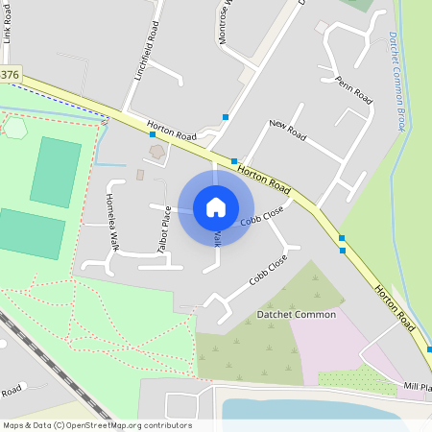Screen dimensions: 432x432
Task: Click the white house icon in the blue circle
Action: click(216, 206)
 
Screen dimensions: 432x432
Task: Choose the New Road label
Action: click(287, 131)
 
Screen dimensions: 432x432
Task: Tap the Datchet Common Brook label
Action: click(396, 81)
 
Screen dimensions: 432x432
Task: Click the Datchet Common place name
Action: click(296, 314)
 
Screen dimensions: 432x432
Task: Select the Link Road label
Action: click(9, 25)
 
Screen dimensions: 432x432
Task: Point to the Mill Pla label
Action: click(416, 386)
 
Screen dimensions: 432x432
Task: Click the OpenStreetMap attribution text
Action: click(96, 425)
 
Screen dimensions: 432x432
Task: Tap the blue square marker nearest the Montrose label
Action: click(226, 117)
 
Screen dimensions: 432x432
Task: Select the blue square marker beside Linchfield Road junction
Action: click(153, 135)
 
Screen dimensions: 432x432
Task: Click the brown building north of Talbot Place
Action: click(156, 152)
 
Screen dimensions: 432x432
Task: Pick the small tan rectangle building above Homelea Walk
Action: click(140, 175)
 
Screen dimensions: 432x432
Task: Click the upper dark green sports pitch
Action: click(56, 172)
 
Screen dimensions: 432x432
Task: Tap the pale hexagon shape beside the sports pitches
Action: click(14, 128)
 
